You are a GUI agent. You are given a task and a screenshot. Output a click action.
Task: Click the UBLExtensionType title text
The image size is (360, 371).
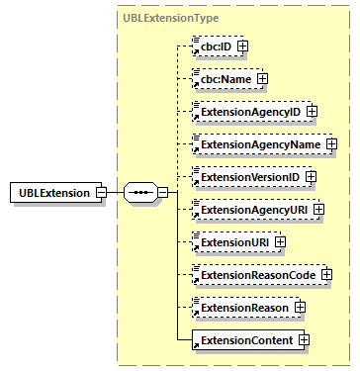(x=171, y=18)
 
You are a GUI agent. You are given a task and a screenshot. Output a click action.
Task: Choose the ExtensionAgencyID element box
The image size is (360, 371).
(x=247, y=112)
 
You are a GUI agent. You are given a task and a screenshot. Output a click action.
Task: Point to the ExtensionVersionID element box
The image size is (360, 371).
(x=247, y=177)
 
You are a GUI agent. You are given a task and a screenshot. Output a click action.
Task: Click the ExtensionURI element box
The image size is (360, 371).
(x=231, y=241)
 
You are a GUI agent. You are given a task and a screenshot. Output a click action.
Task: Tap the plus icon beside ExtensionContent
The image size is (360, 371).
(x=304, y=340)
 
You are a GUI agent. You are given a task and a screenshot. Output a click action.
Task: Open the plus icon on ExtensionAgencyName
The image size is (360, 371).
(x=331, y=144)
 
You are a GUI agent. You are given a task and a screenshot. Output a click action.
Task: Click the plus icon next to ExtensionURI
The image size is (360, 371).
(x=280, y=241)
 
